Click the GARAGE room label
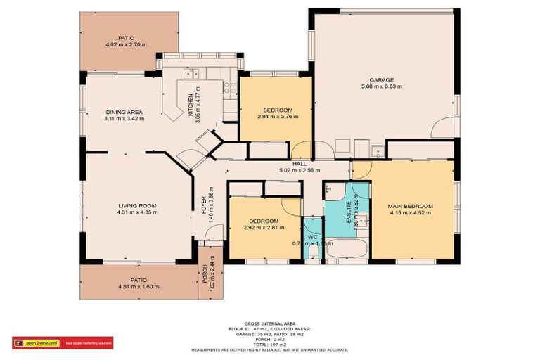click(x=382, y=79)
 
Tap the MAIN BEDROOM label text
click(x=410, y=206)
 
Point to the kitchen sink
click(x=191, y=72)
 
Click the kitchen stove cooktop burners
click(x=229, y=88)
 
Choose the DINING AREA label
click(x=124, y=112)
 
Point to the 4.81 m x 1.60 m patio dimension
click(x=139, y=286)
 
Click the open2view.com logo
click(x=36, y=343)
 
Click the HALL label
click(x=299, y=163)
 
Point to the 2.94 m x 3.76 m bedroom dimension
click(x=278, y=117)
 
